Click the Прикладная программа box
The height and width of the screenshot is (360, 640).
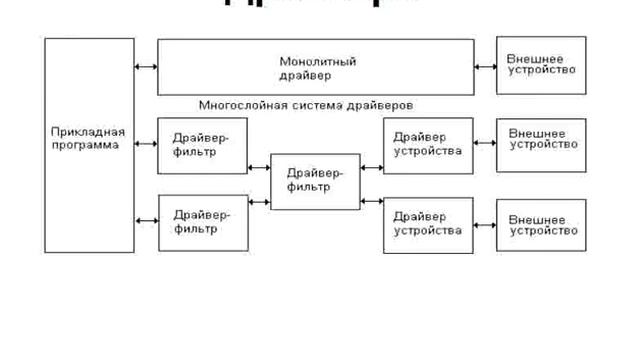(x=89, y=146)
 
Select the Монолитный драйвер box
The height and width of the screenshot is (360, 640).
(x=316, y=67)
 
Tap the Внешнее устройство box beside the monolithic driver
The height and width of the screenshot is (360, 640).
(x=541, y=65)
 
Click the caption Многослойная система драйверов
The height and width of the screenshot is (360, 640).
(x=306, y=104)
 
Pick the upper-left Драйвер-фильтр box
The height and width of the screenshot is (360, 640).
(x=202, y=144)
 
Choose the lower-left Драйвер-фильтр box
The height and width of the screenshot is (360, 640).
(x=202, y=222)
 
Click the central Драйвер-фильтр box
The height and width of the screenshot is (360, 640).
(x=315, y=181)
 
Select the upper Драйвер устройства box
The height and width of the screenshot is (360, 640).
(x=428, y=144)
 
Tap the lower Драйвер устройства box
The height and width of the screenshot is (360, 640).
(x=428, y=223)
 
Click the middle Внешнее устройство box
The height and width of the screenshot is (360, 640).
(x=541, y=145)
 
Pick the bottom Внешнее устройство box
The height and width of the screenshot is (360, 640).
(x=541, y=224)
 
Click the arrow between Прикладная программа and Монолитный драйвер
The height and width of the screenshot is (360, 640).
(x=146, y=67)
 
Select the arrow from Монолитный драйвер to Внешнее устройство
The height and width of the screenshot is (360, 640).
(x=485, y=67)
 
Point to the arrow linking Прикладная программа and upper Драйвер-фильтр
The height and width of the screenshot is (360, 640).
(x=146, y=144)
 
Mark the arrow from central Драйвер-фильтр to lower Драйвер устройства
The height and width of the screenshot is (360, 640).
(x=371, y=201)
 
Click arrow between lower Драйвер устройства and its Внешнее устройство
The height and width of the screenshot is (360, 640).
(x=485, y=223)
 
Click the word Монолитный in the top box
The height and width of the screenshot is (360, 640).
(x=317, y=61)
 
